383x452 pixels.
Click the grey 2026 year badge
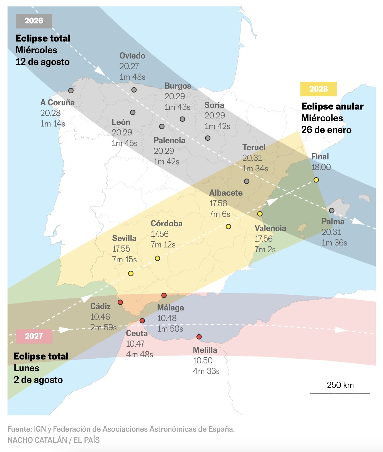coord(34,21)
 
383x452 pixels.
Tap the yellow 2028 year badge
coord(318,89)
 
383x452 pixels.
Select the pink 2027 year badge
coord(34,336)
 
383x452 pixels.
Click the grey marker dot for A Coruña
coord(71,91)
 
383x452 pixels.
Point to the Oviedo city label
coord(132,56)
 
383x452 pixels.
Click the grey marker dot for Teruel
coord(246,181)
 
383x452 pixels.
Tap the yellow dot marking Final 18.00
coord(316,180)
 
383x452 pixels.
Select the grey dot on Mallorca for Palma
coord(331,211)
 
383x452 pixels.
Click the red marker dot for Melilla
coord(199,337)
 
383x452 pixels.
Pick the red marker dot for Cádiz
coord(120,302)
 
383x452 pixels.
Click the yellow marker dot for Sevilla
coord(131,274)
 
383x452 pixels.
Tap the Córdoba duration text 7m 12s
coord(163,245)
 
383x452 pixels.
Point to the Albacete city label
coord(226,193)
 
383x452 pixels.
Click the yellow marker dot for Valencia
coord(260,214)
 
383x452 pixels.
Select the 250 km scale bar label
coord(340,385)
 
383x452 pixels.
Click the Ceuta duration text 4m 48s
coord(139,354)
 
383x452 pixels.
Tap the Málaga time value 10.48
coord(167,318)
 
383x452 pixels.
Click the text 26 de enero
coord(326,130)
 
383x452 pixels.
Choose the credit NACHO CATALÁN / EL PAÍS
coord(54,440)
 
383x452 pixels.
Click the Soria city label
coord(214,105)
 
